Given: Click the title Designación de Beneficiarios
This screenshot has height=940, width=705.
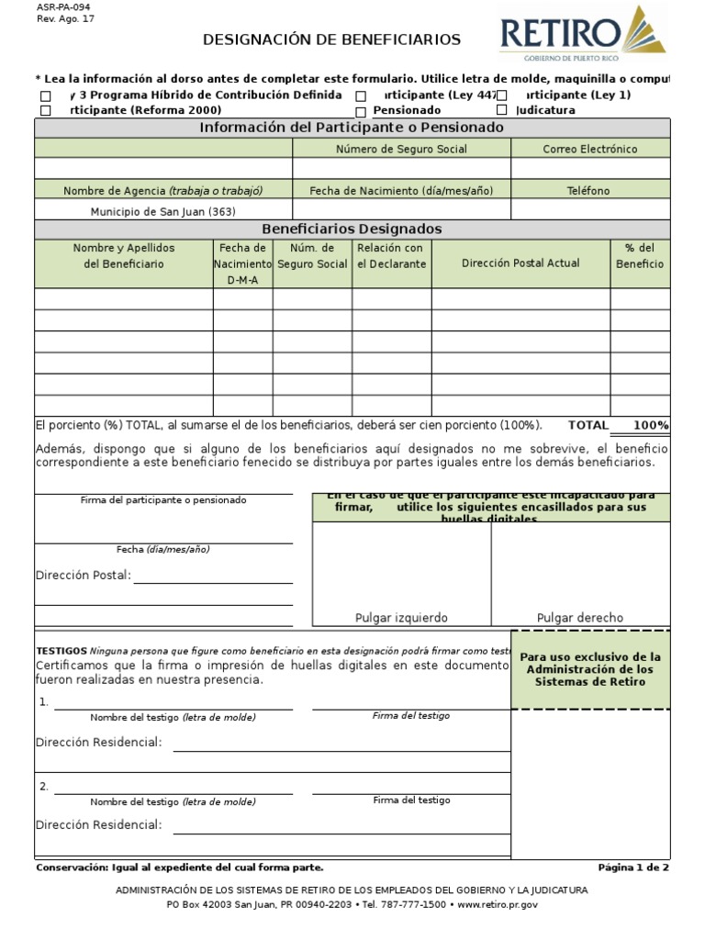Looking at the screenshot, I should (331, 39).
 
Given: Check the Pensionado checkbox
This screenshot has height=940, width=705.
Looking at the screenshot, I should (362, 110).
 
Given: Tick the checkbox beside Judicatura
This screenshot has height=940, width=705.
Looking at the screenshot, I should (502, 110).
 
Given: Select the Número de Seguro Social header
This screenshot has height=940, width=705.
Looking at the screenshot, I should (401, 149).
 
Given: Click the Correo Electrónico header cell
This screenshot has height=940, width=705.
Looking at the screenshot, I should (589, 149).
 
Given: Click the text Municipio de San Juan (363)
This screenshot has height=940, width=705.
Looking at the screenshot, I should (163, 211).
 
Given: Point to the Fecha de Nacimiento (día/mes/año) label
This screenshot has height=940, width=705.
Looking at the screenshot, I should (401, 191).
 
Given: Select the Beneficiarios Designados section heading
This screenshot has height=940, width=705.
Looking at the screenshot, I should (352, 229).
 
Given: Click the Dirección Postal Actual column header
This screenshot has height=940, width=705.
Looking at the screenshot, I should (520, 263).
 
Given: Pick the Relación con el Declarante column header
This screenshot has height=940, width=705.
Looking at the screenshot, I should (391, 256).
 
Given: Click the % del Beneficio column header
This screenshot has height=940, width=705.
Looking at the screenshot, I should (640, 256).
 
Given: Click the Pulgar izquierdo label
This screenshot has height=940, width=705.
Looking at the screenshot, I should (401, 618).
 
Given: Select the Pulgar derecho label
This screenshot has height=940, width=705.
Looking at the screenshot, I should (579, 618).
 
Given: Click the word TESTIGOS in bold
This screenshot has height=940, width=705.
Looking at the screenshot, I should (62, 648).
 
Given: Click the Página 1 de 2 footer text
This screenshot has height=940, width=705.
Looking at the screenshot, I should (633, 867).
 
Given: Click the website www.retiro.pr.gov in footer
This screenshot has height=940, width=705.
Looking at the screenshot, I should (498, 904).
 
